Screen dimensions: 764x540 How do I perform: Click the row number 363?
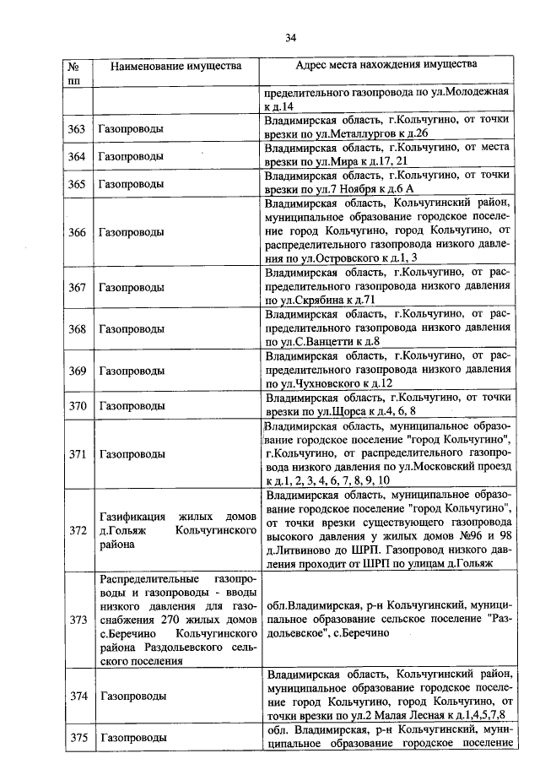(77, 129)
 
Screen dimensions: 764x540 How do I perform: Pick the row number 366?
(77, 232)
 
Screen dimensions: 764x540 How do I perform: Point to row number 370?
(77, 405)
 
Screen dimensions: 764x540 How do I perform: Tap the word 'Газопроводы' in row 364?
(131, 157)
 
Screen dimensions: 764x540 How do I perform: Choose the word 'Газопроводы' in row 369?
(131, 371)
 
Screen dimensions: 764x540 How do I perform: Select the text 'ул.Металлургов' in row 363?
(346, 134)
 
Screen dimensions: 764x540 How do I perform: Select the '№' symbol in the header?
(73, 65)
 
